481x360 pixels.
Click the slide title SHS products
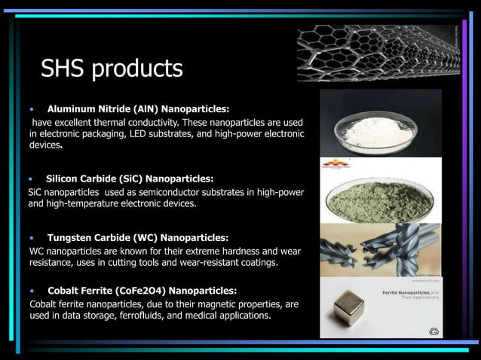[112, 69]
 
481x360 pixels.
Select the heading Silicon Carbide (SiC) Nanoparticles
[130, 179]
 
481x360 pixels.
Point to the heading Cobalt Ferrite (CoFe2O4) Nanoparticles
[142, 290]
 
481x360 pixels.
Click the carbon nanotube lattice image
[377, 49]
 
